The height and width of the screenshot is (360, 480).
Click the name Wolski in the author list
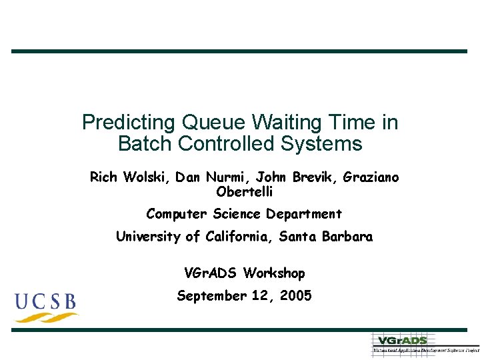tap(144, 177)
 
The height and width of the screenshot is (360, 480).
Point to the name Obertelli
tap(245, 192)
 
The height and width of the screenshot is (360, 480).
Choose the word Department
tap(304, 214)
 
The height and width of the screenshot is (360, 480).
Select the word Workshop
tap(274, 273)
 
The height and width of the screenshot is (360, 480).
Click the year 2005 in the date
tap(295, 296)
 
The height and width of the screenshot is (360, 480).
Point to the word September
tap(211, 296)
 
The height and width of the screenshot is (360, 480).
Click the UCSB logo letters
tap(46, 301)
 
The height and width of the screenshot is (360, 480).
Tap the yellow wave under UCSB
tap(47, 317)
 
